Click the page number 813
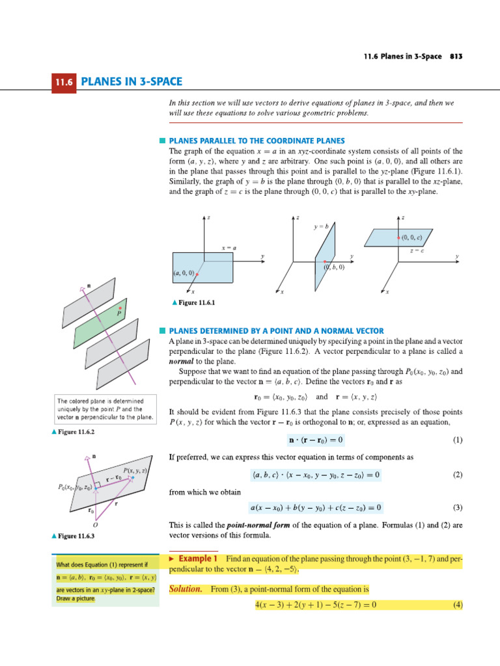pyautogui.click(x=455, y=57)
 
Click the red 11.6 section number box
pyautogui.click(x=65, y=82)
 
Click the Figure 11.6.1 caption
pyautogui.click(x=193, y=302)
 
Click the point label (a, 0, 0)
pyautogui.click(x=184, y=273)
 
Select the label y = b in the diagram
pyautogui.click(x=321, y=226)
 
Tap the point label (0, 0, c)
pyautogui.click(x=411, y=237)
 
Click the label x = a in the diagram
pyautogui.click(x=229, y=248)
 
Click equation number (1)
pyautogui.click(x=457, y=440)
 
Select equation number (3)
pyautogui.click(x=457, y=507)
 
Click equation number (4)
pyautogui.click(x=457, y=605)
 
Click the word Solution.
pyautogui.click(x=186, y=589)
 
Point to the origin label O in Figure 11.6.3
pyautogui.click(x=95, y=524)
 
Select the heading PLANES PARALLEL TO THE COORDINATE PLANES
pyautogui.click(x=257, y=140)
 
